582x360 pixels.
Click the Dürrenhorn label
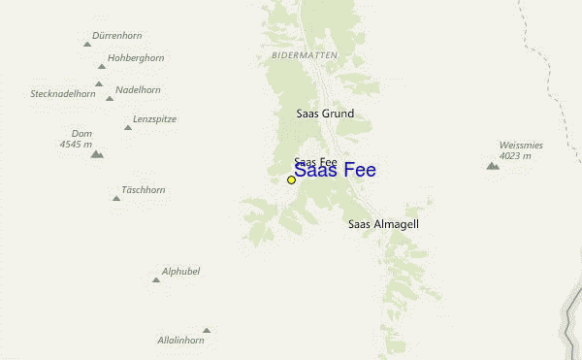[116, 36]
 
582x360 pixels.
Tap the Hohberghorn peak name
[136, 58]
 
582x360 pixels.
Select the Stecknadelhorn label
[63, 94]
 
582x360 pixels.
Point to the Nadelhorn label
[138, 89]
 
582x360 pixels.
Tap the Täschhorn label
[144, 190]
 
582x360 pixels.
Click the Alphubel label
[181, 272]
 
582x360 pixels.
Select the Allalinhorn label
[180, 341]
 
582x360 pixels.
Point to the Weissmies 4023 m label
[521, 150]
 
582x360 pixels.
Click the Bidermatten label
[305, 55]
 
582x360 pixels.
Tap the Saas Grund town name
[325, 114]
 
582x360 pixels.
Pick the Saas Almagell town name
[383, 224]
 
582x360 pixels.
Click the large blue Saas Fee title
[335, 171]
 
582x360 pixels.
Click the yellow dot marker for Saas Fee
[291, 180]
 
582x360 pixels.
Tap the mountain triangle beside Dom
[96, 154]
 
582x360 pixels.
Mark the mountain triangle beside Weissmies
[493, 166]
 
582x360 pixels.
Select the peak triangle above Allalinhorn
[206, 330]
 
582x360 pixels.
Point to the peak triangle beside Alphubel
[155, 279]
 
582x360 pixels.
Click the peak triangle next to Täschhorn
[115, 198]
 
